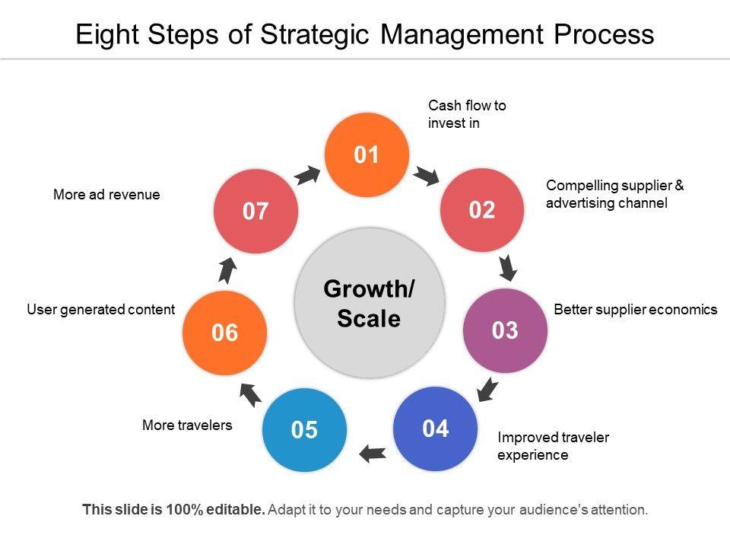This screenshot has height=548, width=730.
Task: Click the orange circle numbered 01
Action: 367,155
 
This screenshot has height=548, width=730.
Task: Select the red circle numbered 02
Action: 482,210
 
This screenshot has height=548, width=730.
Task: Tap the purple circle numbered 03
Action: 505,330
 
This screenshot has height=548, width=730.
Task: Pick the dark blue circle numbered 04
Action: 436,429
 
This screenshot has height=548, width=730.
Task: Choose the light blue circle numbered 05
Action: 303,430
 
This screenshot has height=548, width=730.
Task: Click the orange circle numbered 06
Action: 225,333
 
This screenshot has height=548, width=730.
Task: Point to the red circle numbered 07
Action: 255,211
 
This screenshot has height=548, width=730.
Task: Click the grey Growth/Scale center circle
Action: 369,303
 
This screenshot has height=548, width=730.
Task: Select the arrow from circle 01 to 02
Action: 426,177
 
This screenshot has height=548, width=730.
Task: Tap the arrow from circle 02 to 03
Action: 508,267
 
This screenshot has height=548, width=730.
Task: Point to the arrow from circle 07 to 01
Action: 306,175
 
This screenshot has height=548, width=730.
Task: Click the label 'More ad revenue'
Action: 106,195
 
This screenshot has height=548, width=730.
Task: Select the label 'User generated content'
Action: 101,310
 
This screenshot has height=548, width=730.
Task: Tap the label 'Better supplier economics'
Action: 636,310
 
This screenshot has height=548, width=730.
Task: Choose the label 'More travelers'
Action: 187,425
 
